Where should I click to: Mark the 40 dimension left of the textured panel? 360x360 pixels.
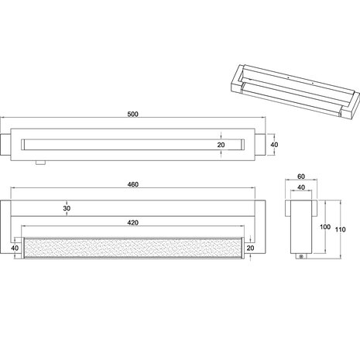pos(15,248)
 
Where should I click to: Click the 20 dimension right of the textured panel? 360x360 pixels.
pos(250,248)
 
